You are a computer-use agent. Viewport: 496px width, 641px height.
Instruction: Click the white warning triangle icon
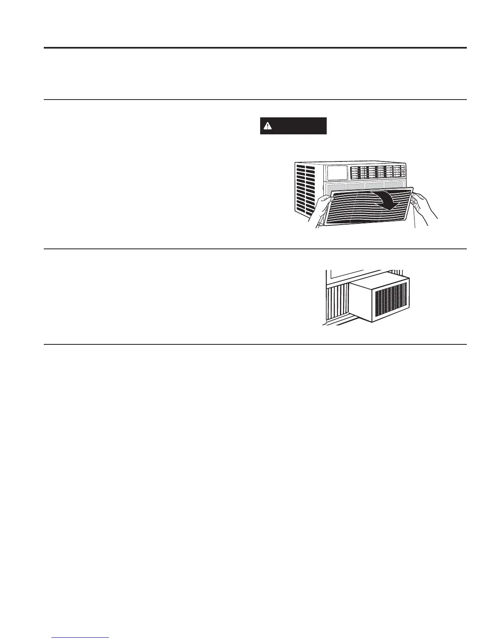(x=267, y=126)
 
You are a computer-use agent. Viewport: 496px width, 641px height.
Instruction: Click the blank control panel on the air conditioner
(x=337, y=173)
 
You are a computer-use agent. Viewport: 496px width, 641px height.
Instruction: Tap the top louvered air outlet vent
(x=377, y=172)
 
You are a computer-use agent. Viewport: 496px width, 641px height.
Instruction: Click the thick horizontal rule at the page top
(x=255, y=48)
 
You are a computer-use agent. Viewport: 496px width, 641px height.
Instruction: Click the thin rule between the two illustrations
(x=255, y=249)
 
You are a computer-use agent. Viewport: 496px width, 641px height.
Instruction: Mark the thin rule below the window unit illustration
(x=255, y=345)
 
